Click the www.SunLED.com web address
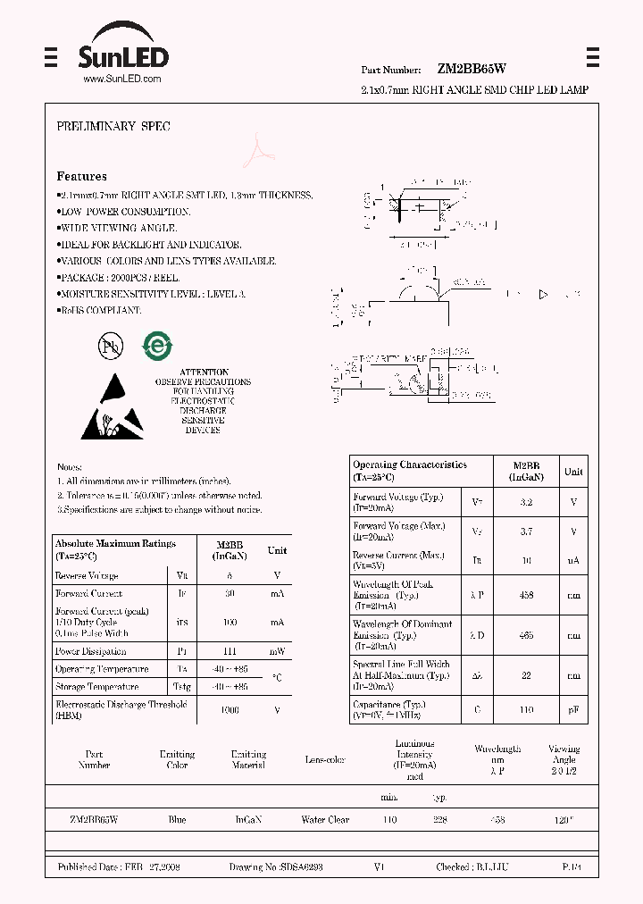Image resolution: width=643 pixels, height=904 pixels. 122,80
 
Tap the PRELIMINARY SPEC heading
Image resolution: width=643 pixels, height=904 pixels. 113,127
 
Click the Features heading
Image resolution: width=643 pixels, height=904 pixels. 81,177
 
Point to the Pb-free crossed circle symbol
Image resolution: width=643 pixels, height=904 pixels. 110,347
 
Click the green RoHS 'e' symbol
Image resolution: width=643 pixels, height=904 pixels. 159,346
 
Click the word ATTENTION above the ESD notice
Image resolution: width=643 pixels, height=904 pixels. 204,372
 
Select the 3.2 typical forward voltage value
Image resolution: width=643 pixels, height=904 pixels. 526,502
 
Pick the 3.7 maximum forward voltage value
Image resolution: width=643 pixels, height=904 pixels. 526,532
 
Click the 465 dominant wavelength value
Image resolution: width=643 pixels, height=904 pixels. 526,634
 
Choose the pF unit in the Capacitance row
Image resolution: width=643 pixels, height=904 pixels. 573,709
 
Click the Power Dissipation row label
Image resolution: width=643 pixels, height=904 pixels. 90,651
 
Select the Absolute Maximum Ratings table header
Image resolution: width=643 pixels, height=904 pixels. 115,548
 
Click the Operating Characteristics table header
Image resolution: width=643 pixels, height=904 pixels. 410,470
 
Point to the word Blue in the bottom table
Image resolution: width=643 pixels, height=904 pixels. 177,819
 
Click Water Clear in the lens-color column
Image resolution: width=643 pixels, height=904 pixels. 325,819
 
